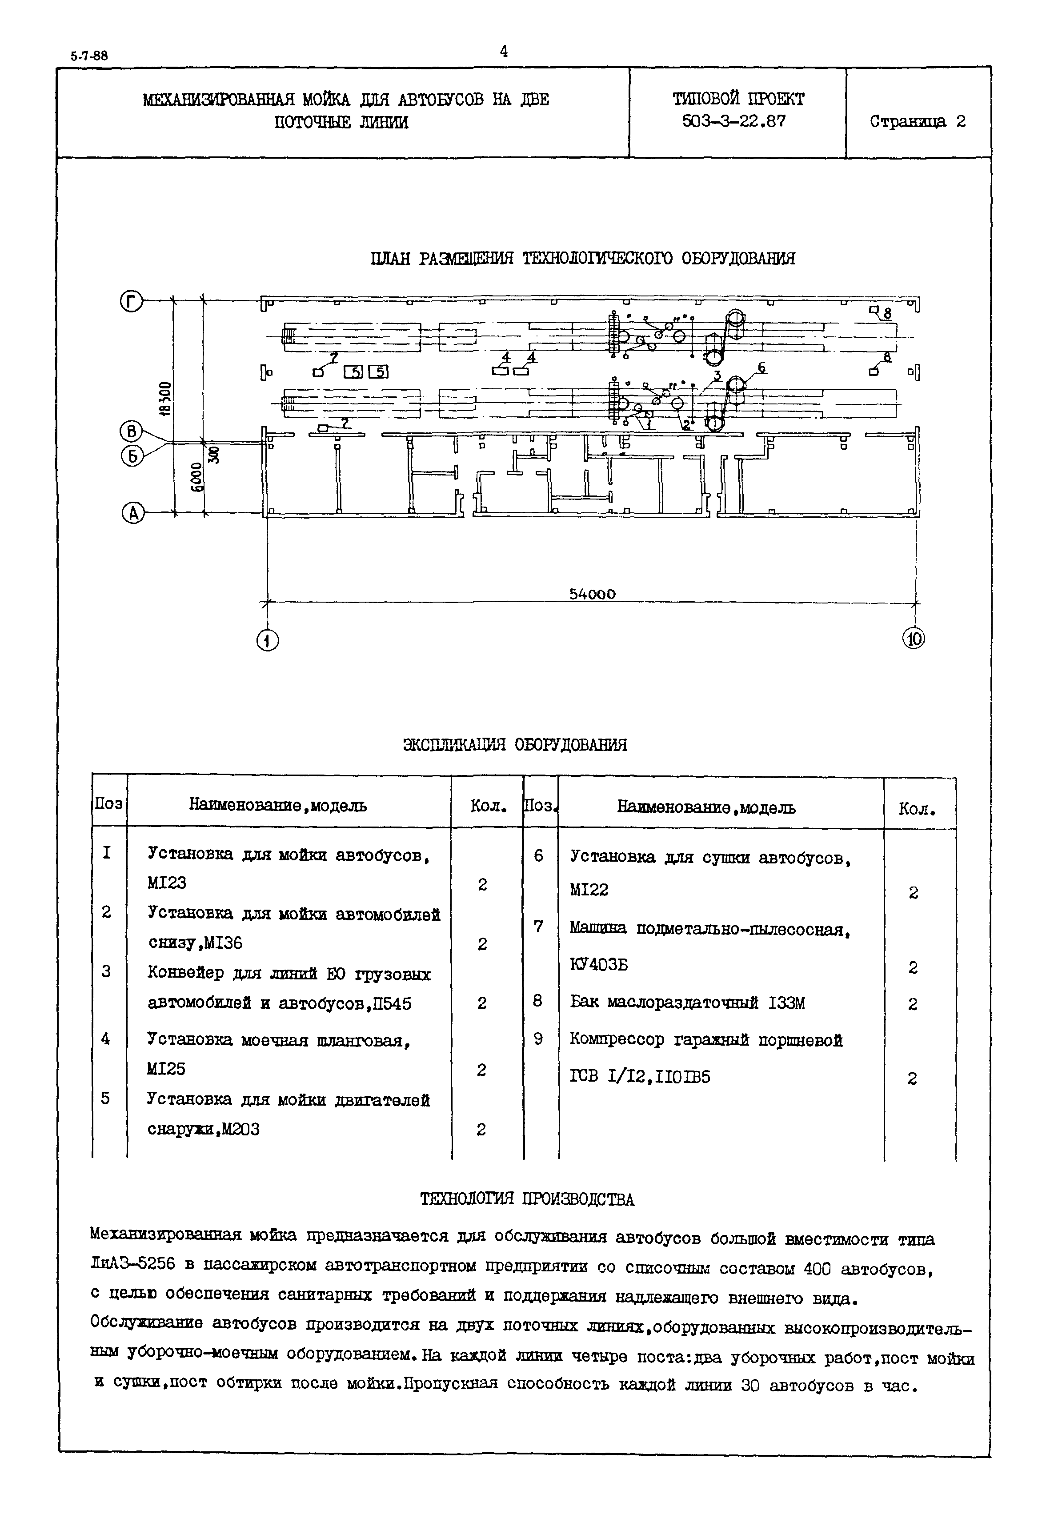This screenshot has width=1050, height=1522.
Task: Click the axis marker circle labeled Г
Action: tap(131, 302)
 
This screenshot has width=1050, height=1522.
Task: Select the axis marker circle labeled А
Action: tap(133, 513)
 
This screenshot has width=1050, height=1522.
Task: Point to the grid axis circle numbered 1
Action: tap(268, 640)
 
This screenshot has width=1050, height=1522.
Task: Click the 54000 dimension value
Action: tap(592, 594)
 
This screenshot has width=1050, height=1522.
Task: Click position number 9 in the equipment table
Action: tap(538, 1039)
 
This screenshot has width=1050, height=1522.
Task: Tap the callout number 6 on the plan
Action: tap(762, 368)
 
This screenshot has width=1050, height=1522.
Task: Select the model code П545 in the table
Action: tap(392, 1004)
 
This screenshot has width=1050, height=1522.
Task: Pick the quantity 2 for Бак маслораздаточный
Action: tap(913, 1004)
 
